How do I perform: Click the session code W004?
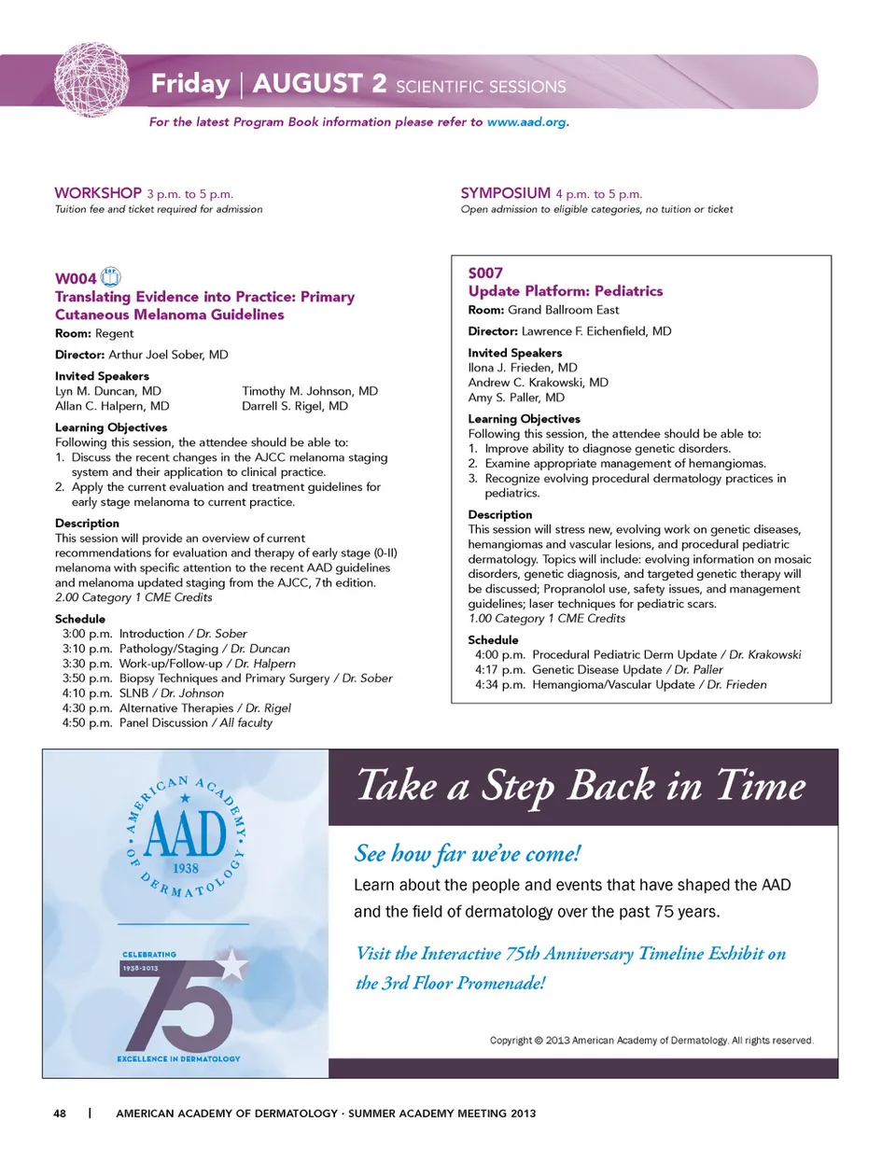click(76, 278)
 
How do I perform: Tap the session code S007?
click(485, 273)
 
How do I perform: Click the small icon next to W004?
click(111, 276)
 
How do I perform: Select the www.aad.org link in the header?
click(526, 122)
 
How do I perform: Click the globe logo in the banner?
click(91, 79)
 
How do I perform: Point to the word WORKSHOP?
click(98, 193)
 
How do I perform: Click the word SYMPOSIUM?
click(505, 193)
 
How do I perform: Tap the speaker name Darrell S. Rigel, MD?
click(295, 406)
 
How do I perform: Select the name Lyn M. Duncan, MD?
click(108, 391)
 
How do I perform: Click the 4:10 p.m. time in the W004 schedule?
click(87, 693)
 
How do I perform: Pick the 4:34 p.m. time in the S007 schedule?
click(499, 685)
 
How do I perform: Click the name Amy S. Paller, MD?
click(516, 398)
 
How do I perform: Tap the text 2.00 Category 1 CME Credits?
click(133, 597)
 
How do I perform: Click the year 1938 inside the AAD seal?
click(186, 868)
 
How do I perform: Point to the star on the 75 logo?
click(231, 964)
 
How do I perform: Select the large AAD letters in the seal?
click(186, 833)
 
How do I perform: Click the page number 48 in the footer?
click(60, 1113)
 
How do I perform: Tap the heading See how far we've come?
click(468, 853)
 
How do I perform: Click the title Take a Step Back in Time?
click(581, 786)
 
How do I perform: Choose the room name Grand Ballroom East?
click(563, 310)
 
